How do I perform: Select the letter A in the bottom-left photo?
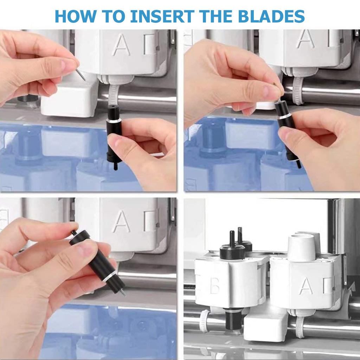[121, 221]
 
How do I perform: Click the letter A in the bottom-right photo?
[306, 286]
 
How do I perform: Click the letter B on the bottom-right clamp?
[214, 287]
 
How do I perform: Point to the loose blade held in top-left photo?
[81, 75]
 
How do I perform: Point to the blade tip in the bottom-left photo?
[123, 293]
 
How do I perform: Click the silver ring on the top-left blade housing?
[114, 120]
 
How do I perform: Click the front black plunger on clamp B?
[232, 246]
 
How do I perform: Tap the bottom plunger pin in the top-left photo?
[115, 166]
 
